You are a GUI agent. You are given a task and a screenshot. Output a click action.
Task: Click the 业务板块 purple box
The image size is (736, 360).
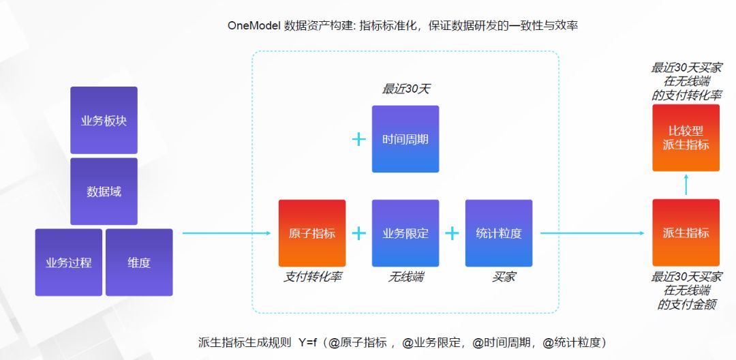click(x=104, y=121)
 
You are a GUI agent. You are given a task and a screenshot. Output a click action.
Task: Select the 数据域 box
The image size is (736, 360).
click(x=104, y=192)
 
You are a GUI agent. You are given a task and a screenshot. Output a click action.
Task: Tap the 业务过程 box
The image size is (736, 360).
click(x=69, y=262)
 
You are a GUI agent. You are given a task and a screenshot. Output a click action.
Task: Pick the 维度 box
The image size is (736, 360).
click(x=139, y=262)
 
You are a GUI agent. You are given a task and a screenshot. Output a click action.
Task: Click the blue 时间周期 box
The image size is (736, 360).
click(x=405, y=139)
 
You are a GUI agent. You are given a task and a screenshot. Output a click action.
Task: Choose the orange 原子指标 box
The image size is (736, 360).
click(x=312, y=233)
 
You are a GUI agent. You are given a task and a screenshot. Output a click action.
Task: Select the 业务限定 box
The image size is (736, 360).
click(x=405, y=233)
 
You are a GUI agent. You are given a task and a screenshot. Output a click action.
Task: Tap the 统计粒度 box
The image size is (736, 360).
click(x=499, y=233)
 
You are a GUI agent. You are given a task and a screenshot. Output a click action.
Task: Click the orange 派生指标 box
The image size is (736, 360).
click(x=686, y=233)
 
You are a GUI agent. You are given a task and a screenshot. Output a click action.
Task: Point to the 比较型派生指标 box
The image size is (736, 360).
click(x=686, y=138)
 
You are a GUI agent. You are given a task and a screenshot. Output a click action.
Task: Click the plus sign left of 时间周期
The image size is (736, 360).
click(x=358, y=140)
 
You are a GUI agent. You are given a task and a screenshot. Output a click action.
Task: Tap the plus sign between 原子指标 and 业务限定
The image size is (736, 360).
click(x=358, y=233)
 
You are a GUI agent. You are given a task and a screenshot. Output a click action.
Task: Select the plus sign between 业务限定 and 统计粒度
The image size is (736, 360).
click(x=452, y=233)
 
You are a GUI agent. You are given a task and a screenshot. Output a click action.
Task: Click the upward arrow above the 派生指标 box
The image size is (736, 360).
click(x=686, y=185)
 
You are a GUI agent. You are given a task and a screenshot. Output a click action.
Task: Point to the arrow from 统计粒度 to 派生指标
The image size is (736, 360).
click(x=592, y=233)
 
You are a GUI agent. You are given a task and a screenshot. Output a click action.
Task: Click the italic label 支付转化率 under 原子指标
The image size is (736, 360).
click(x=313, y=277)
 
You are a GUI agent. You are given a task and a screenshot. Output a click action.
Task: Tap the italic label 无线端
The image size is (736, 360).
click(x=405, y=277)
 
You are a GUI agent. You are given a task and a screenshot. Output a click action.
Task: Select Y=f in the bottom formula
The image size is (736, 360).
click(x=307, y=342)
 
